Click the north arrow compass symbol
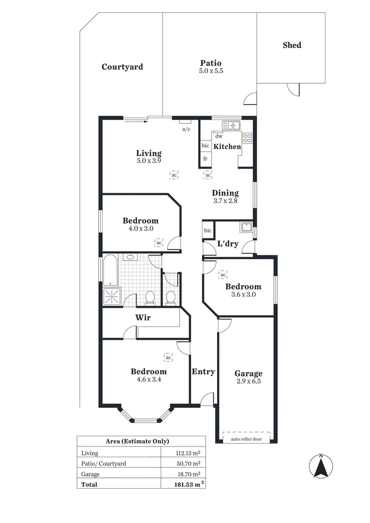[321, 467]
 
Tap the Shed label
[292, 45]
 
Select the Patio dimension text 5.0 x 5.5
[211, 71]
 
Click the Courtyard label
[122, 67]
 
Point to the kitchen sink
[231, 126]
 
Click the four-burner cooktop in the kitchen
[247, 138]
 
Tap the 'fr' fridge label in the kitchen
[205, 158]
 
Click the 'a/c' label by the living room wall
[186, 129]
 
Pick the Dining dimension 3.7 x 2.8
[225, 201]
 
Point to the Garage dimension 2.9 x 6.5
[248, 382]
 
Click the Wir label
[143, 318]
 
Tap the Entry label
[203, 371]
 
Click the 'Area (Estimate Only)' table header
[137, 441]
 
